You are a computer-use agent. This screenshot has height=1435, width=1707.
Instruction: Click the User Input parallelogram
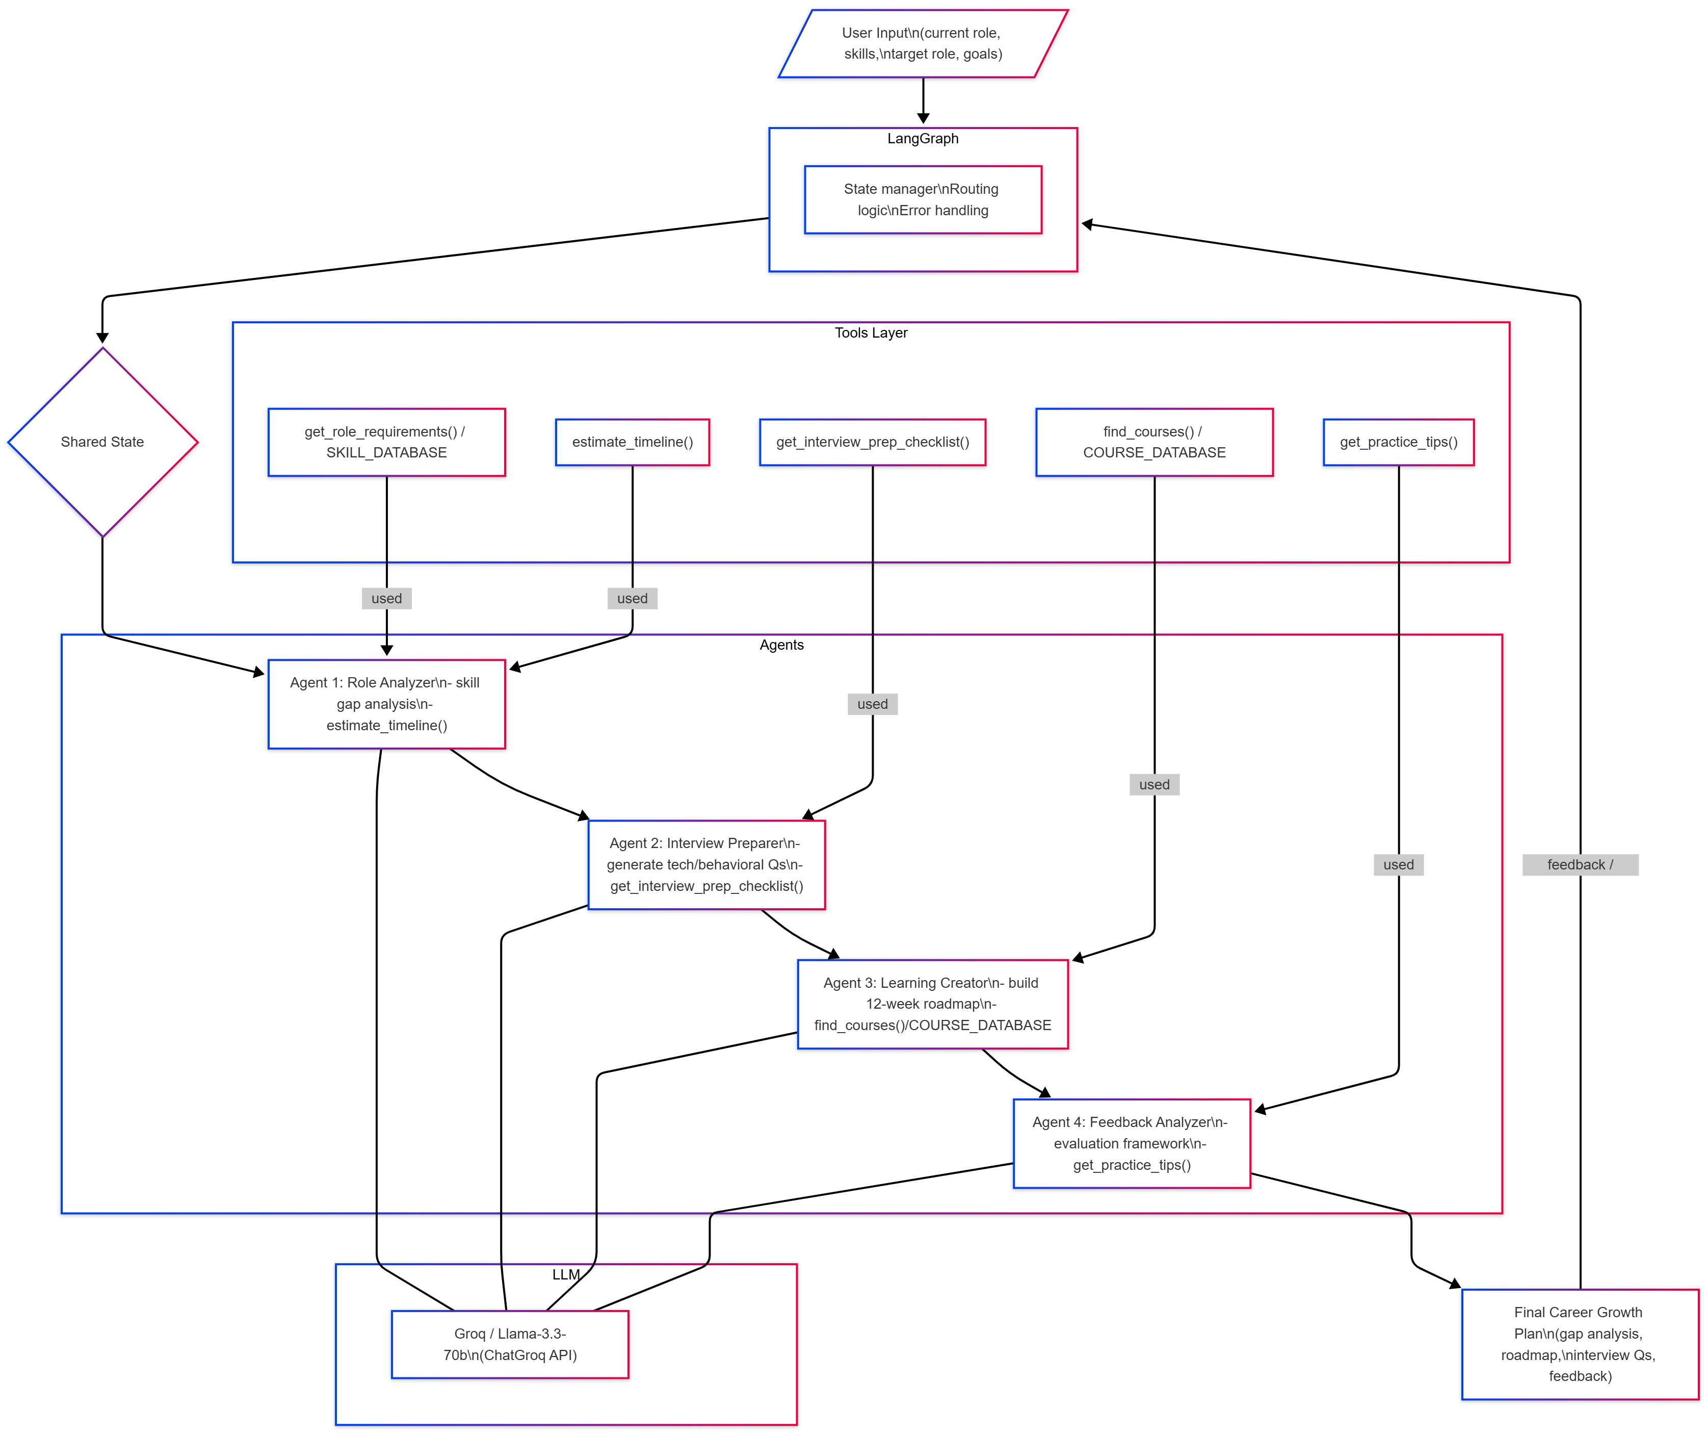[x=922, y=44]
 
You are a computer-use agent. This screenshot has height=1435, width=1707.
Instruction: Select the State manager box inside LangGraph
[x=922, y=199]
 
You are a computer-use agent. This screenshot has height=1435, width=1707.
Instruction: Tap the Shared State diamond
[x=102, y=442]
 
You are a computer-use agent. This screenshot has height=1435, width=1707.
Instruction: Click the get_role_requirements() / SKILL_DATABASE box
[x=386, y=442]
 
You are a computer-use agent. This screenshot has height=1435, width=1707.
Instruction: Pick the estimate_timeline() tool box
[x=632, y=442]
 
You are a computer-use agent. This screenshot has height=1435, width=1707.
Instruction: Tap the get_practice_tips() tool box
[x=1398, y=442]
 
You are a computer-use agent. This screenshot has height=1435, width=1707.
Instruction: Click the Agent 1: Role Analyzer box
[x=386, y=704]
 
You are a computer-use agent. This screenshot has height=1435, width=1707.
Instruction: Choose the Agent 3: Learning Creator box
[x=932, y=1004]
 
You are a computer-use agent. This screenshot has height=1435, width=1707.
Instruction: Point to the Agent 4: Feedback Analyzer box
[x=1131, y=1143]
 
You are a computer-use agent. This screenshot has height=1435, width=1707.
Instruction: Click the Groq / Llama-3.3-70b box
[x=510, y=1344]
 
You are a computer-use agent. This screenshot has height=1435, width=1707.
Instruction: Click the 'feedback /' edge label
[x=1580, y=865]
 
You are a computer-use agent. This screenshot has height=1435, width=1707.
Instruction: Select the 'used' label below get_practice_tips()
[x=1398, y=865]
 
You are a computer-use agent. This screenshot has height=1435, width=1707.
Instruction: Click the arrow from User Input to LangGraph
[x=923, y=101]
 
